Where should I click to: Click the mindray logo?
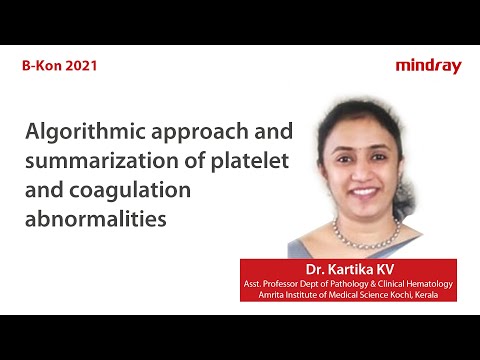click(428, 66)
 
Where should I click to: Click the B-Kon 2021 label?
click(59, 66)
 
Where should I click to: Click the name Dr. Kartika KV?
click(348, 269)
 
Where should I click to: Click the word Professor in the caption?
click(290, 284)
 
